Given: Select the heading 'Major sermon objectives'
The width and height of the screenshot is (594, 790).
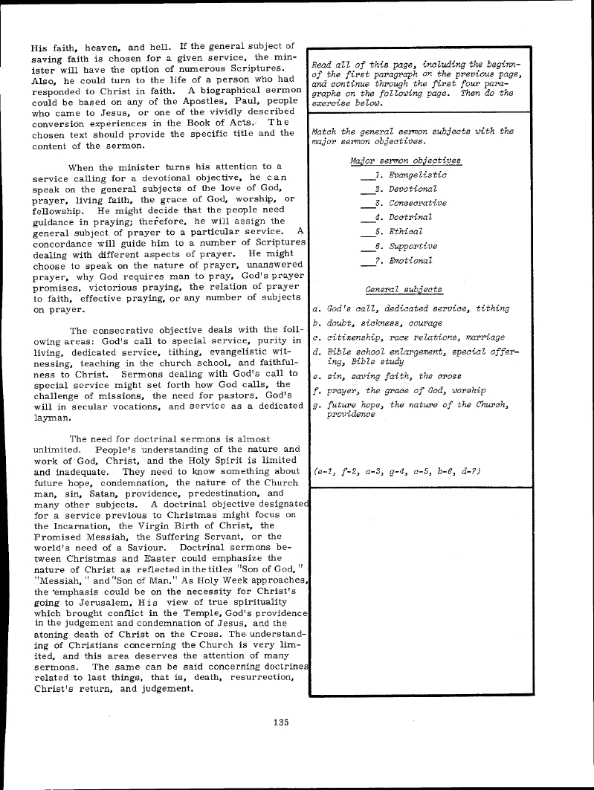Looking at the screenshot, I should pyautogui.click(x=405, y=161).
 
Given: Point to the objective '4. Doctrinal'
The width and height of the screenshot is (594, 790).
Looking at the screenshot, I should pyautogui.click(x=403, y=217).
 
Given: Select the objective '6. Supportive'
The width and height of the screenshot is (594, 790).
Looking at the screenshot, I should pyautogui.click(x=406, y=246).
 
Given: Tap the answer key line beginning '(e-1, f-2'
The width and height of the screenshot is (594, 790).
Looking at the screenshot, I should pyautogui.click(x=398, y=471).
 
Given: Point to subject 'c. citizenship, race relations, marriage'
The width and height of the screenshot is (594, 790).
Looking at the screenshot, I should pyautogui.click(x=409, y=337).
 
